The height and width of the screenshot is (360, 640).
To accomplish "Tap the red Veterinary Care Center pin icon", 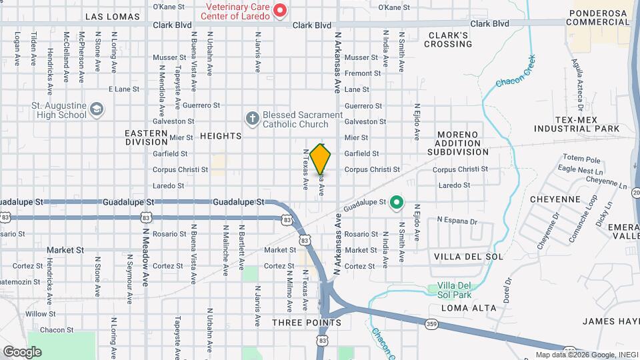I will click(281, 11).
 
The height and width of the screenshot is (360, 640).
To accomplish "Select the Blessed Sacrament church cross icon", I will click(252, 119).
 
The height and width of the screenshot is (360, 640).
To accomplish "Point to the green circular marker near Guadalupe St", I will click(397, 201).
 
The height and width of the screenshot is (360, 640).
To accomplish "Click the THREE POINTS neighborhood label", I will click(307, 323).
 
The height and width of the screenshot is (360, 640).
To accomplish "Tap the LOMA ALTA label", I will click(469, 308).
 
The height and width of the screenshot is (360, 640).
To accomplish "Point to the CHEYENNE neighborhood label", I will click(555, 199).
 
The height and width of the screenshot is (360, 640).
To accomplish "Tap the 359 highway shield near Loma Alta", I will click(432, 324).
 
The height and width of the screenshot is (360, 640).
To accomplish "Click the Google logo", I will click(21, 351).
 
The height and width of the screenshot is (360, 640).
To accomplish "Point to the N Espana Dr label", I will click(457, 220).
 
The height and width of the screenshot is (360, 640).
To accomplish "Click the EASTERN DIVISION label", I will click(146, 137).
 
